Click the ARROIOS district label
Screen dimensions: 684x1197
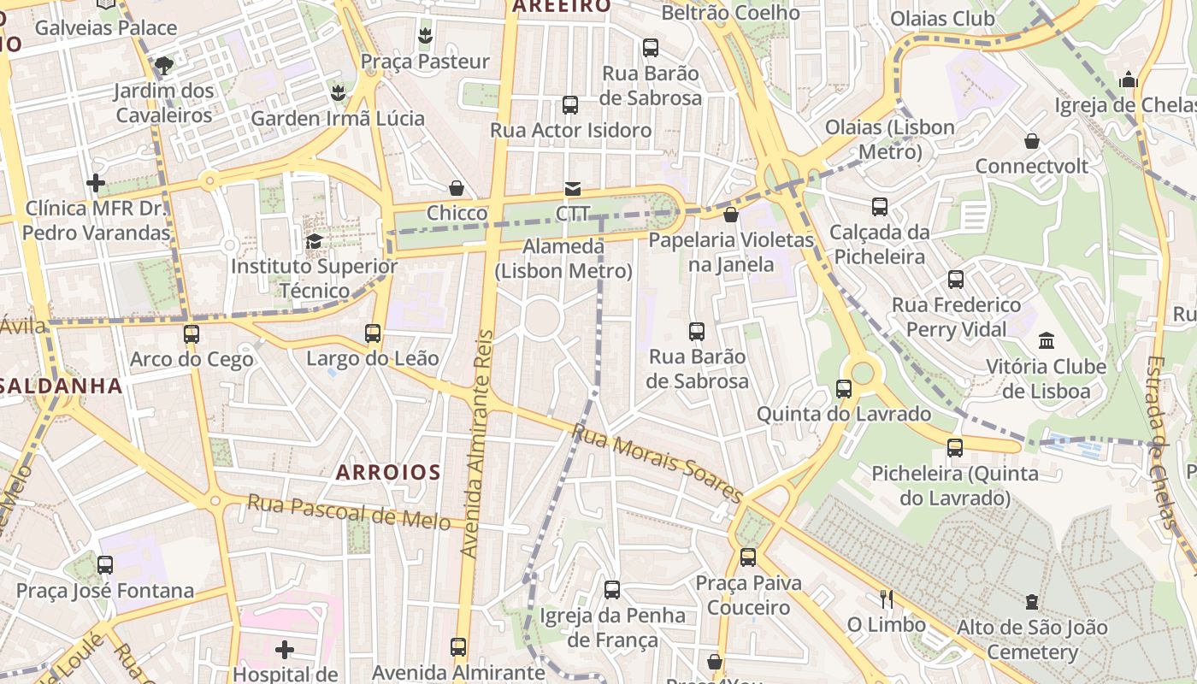click(x=388, y=472)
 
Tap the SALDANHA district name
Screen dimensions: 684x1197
click(x=60, y=386)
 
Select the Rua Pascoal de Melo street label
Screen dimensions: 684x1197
click(x=349, y=511)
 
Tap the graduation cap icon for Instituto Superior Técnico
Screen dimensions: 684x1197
click(x=314, y=242)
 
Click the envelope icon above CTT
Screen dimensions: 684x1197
click(x=572, y=189)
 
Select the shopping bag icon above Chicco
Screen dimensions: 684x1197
click(x=457, y=188)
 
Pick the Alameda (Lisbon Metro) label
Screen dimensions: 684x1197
click(x=563, y=259)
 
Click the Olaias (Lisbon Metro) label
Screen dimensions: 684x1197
click(x=890, y=139)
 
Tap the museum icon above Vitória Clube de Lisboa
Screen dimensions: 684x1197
click(x=1047, y=341)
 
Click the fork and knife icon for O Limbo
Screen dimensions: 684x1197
click(x=887, y=598)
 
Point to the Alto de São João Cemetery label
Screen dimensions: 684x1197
click(x=1032, y=640)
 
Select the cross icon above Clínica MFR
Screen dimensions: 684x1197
click(x=96, y=183)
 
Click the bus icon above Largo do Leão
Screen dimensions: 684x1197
click(x=373, y=333)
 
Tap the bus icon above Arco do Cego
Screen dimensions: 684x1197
click(x=192, y=334)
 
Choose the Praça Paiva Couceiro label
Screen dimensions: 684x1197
click(x=749, y=595)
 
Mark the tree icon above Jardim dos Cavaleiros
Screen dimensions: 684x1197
click(x=163, y=65)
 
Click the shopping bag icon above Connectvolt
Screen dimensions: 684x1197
click(x=1032, y=141)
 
